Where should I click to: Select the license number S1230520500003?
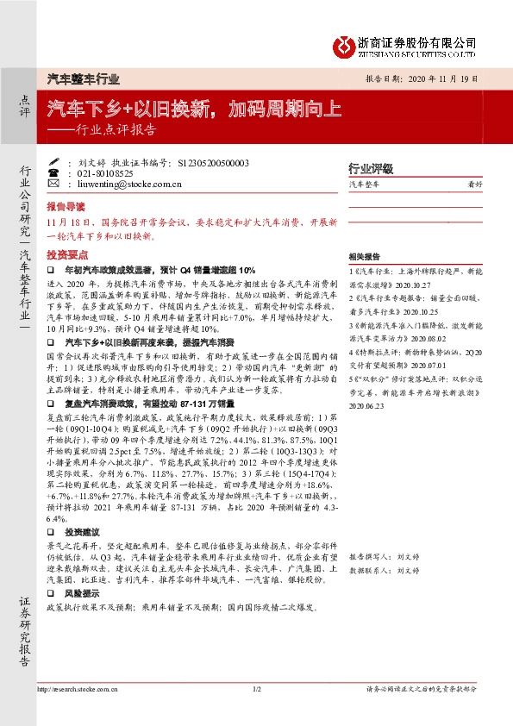click(x=212, y=163)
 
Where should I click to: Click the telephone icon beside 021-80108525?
click(x=53, y=173)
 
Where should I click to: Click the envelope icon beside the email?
click(x=53, y=184)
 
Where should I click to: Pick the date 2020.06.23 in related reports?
click(x=365, y=388)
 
